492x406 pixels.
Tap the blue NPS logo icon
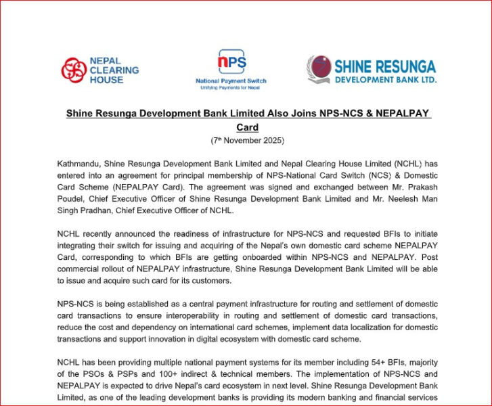coord(231,63)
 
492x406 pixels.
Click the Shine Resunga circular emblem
coord(319,69)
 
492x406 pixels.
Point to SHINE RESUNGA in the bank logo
coord(384,66)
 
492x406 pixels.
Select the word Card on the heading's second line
coord(247,127)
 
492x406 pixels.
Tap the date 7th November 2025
coord(247,141)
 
